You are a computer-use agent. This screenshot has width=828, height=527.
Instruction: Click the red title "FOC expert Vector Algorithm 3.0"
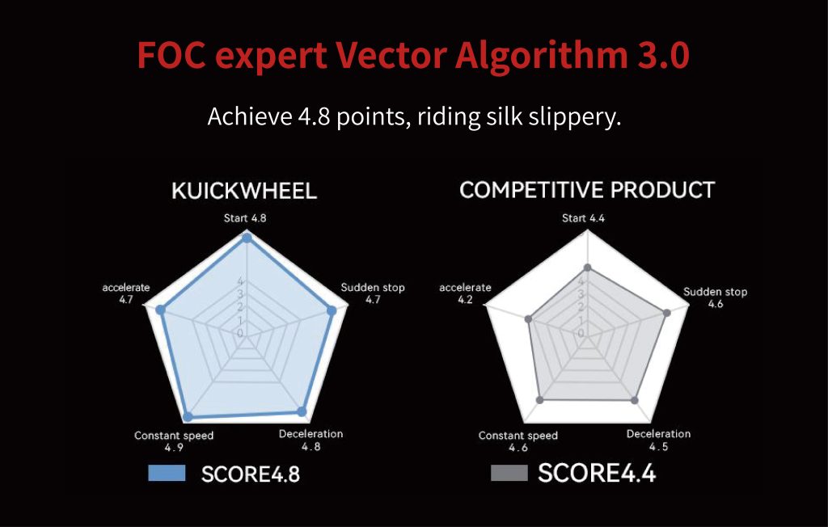click(x=413, y=55)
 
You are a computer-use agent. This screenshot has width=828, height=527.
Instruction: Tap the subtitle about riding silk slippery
click(x=414, y=116)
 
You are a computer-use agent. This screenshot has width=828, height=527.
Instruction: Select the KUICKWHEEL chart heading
click(x=244, y=191)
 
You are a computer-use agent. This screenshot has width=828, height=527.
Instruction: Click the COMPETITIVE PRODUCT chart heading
click(x=587, y=190)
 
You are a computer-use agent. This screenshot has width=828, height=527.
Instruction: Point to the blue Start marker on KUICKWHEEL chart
click(x=246, y=238)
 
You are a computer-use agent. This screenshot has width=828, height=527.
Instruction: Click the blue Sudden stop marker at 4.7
click(x=332, y=310)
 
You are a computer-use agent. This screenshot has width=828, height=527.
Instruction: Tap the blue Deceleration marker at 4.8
click(x=302, y=412)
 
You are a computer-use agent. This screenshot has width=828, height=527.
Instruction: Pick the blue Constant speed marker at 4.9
click(x=188, y=417)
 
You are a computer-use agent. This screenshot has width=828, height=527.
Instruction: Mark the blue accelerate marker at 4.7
click(x=162, y=310)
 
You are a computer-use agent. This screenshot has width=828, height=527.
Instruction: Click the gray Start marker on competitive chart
click(x=587, y=268)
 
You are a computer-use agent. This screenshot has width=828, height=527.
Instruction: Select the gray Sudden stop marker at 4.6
click(x=667, y=313)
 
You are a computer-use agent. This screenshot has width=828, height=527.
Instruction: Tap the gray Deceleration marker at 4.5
click(x=635, y=400)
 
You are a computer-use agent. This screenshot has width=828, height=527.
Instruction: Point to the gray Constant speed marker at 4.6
click(x=539, y=400)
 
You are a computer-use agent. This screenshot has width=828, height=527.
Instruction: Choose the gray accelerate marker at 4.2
click(x=528, y=319)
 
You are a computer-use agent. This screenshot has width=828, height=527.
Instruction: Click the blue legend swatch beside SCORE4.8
click(x=167, y=473)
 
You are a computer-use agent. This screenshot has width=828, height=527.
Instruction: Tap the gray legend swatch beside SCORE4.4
click(x=509, y=473)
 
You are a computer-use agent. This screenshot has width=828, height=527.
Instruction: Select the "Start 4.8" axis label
click(x=245, y=218)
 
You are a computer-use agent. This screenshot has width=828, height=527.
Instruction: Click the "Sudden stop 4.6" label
click(x=715, y=297)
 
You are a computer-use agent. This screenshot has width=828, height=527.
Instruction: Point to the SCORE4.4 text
click(x=597, y=473)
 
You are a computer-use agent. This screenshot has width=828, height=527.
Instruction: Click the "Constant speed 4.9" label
click(x=174, y=441)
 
